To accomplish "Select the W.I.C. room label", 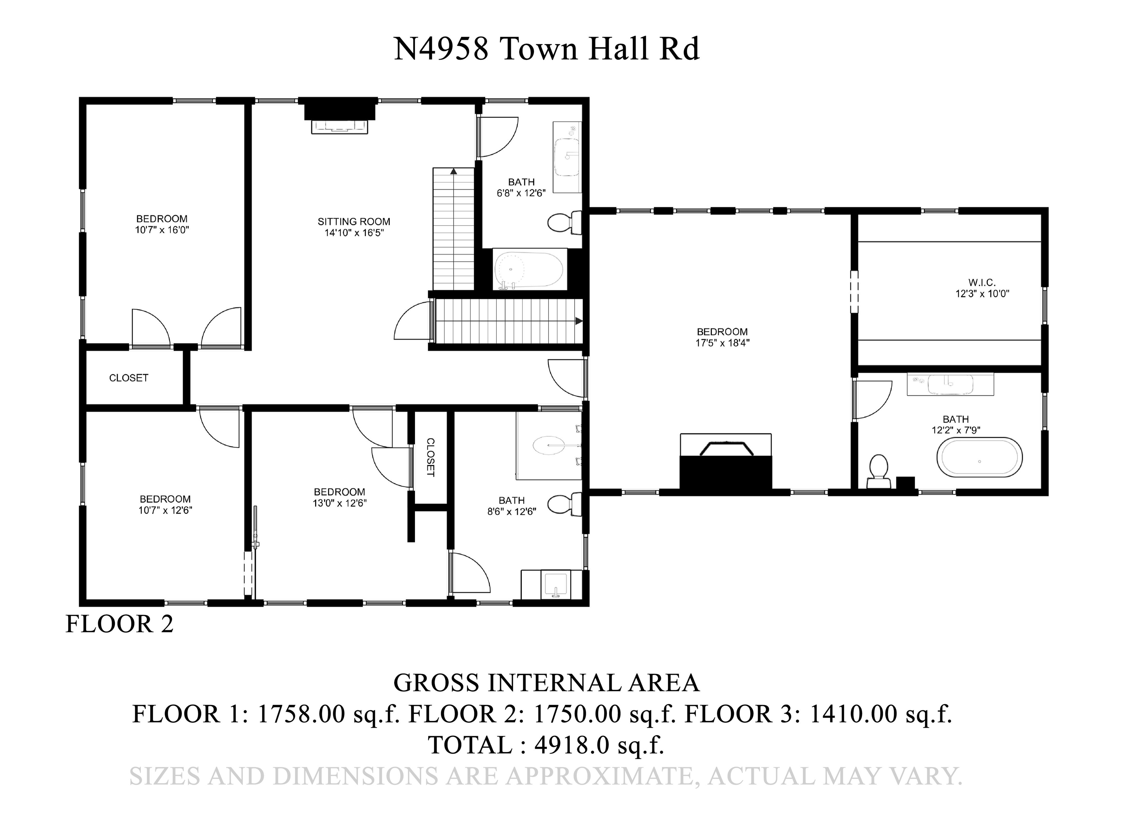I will [981, 283].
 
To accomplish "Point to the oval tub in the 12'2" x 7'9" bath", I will [979, 457].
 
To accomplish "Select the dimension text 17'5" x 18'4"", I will [722, 343].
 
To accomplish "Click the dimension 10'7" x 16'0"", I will [162, 230].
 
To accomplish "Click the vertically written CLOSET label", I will [430, 457].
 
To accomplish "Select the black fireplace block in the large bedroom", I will [725, 472].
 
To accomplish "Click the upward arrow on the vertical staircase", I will [454, 171].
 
